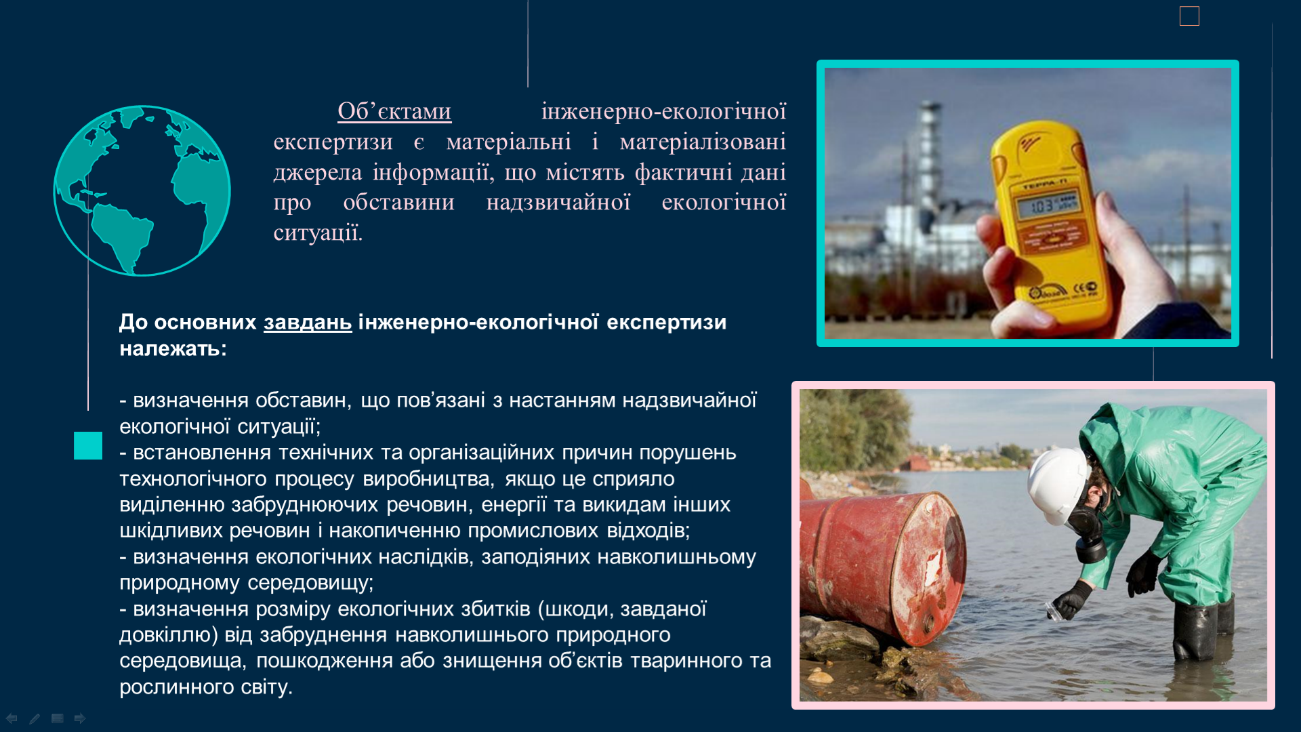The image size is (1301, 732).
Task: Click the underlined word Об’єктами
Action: pos(394,111)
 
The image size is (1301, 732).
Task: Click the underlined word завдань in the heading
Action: pos(308,322)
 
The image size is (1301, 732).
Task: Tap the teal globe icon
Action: pos(142,190)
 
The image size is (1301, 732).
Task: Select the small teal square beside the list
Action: pos(88,446)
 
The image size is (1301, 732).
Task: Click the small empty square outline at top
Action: pos(1189,16)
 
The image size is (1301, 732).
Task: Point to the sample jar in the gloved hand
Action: pos(1055,610)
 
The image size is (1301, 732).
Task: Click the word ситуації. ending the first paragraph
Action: pos(318,232)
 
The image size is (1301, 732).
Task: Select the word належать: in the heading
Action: pos(173,348)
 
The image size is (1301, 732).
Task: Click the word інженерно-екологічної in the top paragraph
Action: pos(664,111)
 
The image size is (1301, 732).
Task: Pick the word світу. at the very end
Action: pos(267,687)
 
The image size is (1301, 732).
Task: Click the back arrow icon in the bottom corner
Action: pos(12,718)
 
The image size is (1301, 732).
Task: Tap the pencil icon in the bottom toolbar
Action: pos(35,718)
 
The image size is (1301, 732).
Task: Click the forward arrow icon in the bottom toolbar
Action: pos(80,718)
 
